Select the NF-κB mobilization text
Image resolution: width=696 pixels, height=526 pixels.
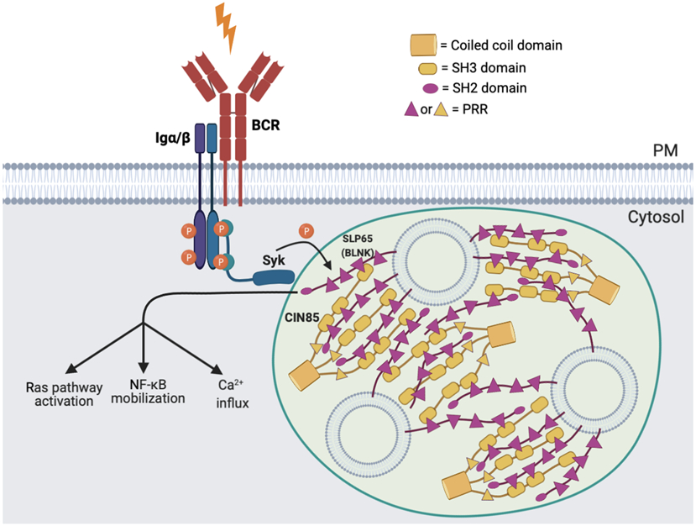(148, 391)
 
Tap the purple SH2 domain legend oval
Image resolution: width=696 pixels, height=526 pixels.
(430, 87)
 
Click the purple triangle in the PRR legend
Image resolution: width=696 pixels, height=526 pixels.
(411, 109)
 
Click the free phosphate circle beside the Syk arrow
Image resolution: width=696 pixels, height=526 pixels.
(308, 229)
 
